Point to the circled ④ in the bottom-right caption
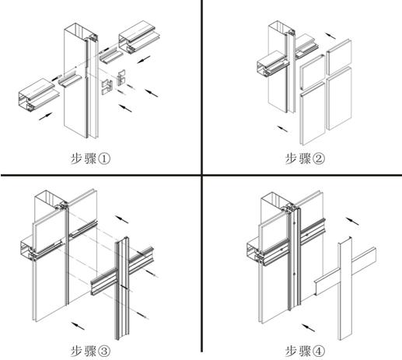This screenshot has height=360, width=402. pyautogui.click(x=319, y=350)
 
